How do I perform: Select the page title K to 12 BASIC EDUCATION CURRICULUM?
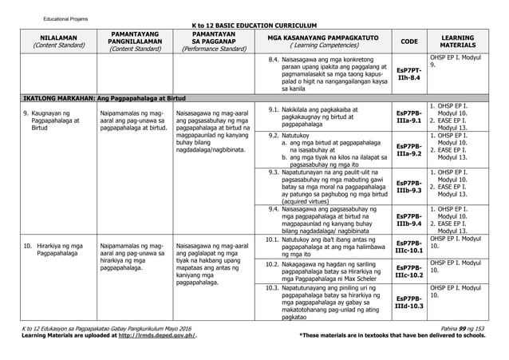coord(254,25)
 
